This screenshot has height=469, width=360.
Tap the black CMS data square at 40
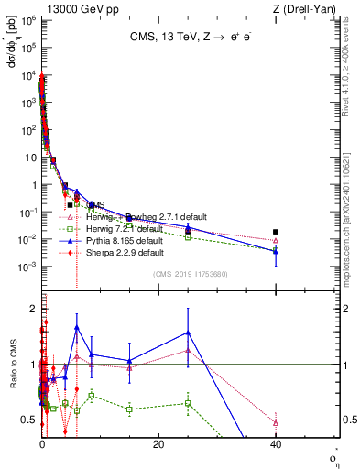pos(276,232)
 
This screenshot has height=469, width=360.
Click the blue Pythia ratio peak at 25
pos(188,333)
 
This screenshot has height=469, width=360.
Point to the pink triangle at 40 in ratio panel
pos(276,423)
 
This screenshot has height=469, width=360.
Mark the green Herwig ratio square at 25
pos(188,403)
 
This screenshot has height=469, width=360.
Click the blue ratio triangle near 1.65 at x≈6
pos(77,327)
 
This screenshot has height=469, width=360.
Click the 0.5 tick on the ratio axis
pos(32,420)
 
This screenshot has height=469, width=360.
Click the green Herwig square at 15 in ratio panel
pos(129,409)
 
